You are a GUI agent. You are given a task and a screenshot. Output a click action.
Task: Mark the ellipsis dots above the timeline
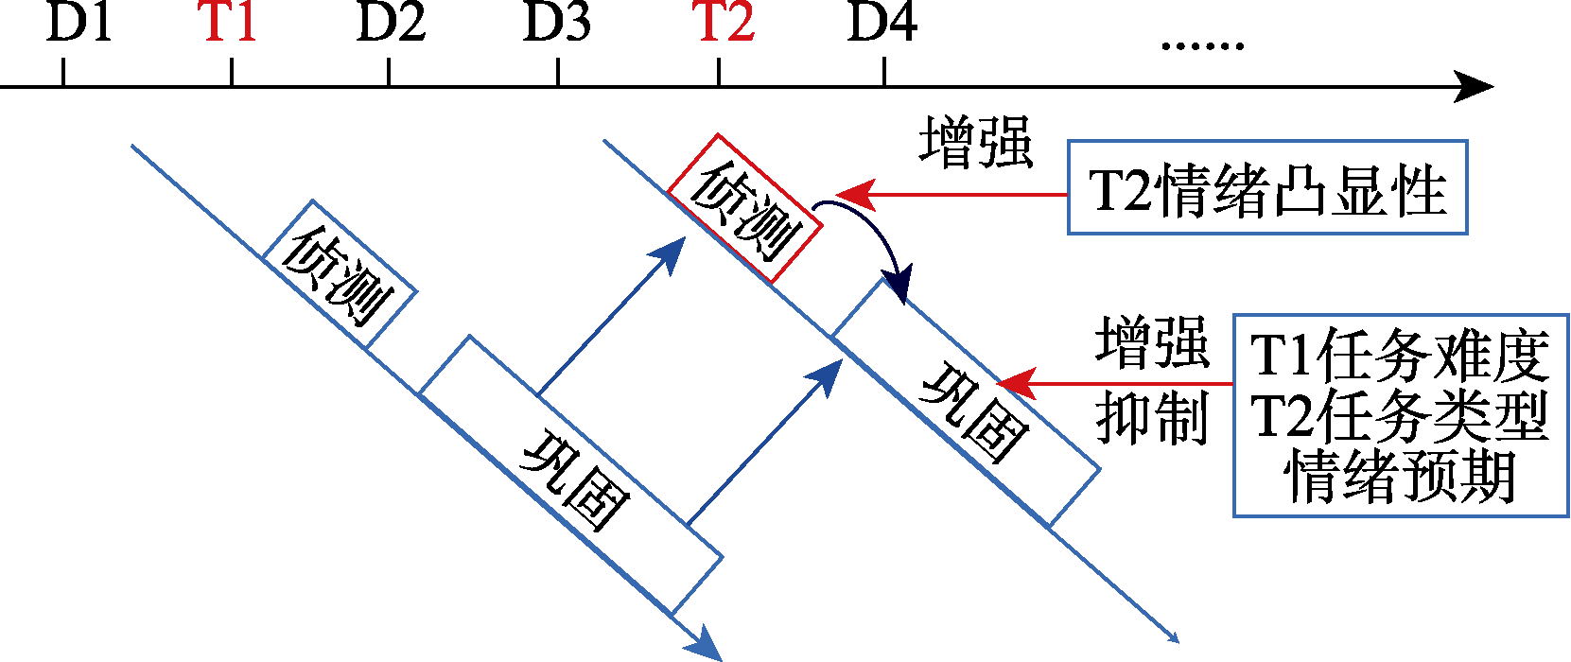tap(1201, 44)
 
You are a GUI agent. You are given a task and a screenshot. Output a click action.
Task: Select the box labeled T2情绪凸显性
tap(1267, 188)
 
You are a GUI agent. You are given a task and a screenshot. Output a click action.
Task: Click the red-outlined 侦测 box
tap(743, 209)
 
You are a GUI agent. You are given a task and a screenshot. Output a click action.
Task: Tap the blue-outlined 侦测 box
tap(339, 275)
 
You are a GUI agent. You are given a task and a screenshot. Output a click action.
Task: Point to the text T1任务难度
tap(1400, 356)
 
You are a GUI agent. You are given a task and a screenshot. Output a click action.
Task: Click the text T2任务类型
tap(1400, 416)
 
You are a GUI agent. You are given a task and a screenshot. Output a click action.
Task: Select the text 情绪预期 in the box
tap(1400, 477)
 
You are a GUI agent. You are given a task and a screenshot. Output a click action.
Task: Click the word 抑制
tap(1153, 418)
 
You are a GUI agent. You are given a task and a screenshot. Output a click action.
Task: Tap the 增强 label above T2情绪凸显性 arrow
tap(976, 143)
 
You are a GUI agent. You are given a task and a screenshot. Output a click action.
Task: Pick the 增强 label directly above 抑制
tap(1153, 342)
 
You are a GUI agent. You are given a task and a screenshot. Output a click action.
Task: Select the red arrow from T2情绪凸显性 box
tap(955, 196)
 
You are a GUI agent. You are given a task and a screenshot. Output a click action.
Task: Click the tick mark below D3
tap(558, 73)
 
